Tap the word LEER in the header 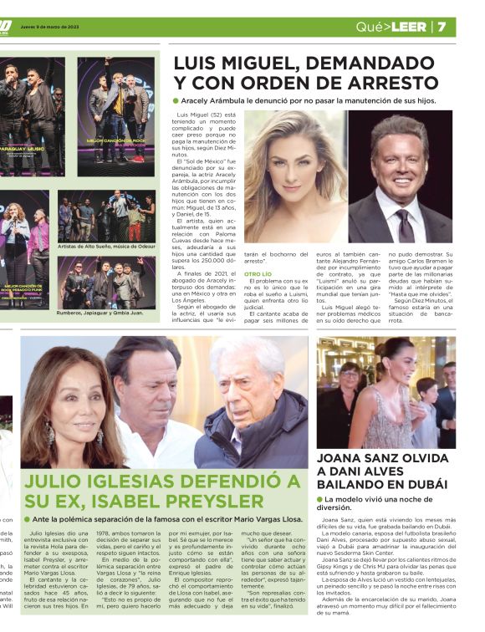click(407, 27)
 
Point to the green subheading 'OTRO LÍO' click(258, 273)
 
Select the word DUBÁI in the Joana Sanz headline click(425, 483)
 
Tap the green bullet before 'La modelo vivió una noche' click(320, 499)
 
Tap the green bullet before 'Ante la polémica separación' click(28, 519)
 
